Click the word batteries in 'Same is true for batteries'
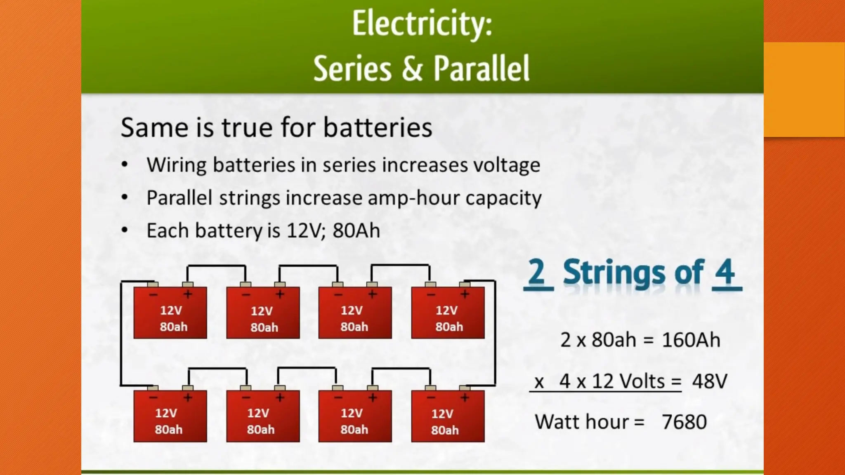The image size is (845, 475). tap(378, 127)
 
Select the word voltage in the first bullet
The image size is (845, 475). tap(506, 165)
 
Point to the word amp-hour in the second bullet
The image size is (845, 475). tap(414, 198)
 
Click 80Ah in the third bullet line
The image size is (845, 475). tap(356, 230)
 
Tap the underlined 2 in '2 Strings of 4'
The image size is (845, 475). tap(537, 272)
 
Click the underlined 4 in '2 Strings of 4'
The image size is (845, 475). tap(725, 272)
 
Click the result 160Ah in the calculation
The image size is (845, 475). tap(691, 340)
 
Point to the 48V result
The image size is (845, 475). tap(710, 381)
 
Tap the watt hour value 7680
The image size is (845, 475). tap(684, 422)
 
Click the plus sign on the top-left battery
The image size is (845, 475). tap(188, 294)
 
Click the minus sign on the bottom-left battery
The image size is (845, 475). tap(153, 397)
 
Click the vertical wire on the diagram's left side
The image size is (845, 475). tap(121, 334)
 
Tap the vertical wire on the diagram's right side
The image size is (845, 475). tap(495, 334)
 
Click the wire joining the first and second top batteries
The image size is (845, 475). tap(217, 266)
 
